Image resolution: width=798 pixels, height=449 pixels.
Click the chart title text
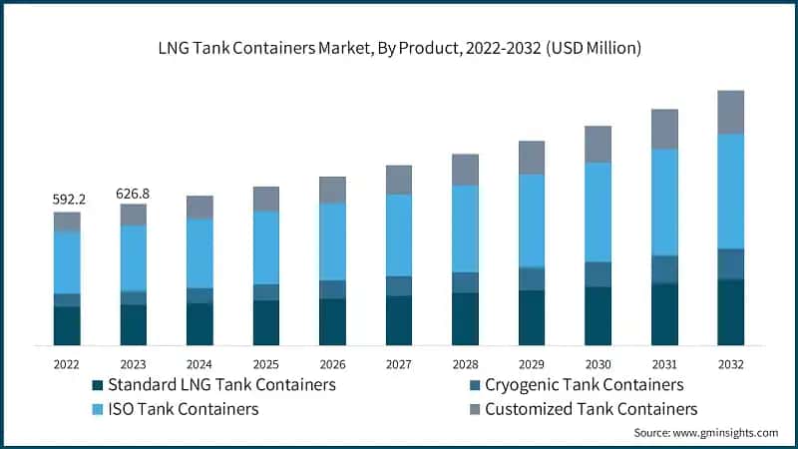(398, 47)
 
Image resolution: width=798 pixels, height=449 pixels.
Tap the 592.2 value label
(68, 200)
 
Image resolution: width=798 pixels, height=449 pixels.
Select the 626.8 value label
(134, 193)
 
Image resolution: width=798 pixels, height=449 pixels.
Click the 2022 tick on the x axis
(68, 364)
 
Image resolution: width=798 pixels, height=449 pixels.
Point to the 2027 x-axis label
(399, 364)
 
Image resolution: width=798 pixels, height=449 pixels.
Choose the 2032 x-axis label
(730, 364)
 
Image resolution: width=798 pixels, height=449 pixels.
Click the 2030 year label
(598, 364)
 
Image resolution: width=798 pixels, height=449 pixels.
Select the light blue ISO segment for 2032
(730, 191)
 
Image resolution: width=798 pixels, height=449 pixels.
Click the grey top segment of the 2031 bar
(664, 129)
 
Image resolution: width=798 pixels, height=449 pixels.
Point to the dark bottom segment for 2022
(68, 325)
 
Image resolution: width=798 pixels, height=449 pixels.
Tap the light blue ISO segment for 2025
(266, 247)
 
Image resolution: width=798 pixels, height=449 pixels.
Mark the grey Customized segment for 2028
(465, 170)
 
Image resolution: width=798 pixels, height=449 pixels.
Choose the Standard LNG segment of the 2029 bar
(532, 317)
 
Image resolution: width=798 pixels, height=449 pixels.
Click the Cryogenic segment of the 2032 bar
(730, 263)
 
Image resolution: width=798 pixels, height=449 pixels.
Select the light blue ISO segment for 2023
(134, 257)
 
